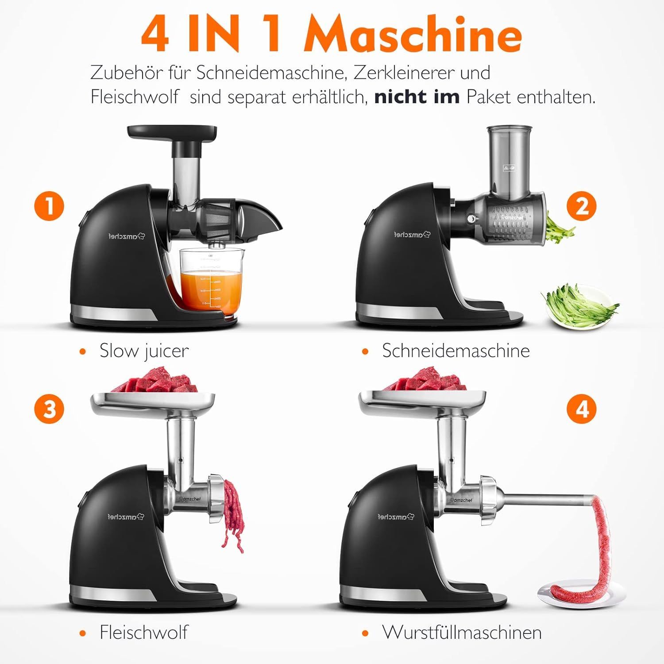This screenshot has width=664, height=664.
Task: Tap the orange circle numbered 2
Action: [582, 206]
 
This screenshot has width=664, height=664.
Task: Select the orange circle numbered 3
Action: [50, 408]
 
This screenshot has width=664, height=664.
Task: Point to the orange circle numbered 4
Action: [582, 408]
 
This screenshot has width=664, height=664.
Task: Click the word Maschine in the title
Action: [413, 34]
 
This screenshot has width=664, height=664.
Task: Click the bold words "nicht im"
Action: [417, 97]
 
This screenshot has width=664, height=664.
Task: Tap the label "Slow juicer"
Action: [144, 351]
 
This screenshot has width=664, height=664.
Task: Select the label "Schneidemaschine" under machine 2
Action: [456, 351]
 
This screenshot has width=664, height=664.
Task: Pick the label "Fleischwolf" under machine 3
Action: [144, 632]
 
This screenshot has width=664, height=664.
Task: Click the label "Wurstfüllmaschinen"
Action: [462, 632]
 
